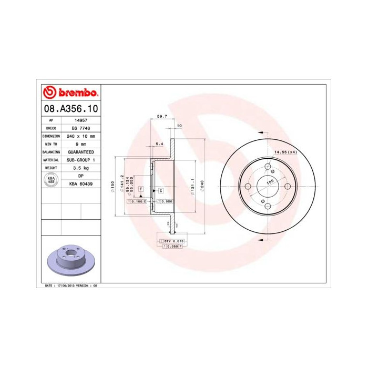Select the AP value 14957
click(80, 120)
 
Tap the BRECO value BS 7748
click(80, 128)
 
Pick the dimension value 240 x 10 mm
click(80, 136)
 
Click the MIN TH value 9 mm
click(80, 144)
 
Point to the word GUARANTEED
click(80, 152)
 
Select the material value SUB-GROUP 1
click(80, 160)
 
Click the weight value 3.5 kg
click(80, 168)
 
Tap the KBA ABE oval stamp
click(52, 179)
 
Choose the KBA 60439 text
click(80, 183)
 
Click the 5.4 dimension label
click(160, 143)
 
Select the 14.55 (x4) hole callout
click(285, 152)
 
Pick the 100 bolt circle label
click(271, 182)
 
